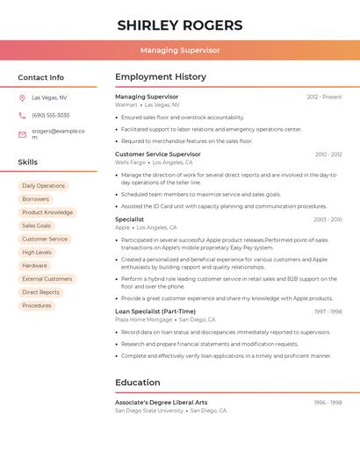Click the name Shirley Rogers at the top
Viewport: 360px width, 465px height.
[180, 25]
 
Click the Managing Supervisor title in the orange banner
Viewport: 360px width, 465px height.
[180, 50]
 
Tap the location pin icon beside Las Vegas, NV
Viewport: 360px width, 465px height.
[22, 97]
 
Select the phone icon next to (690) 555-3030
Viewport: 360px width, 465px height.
[22, 115]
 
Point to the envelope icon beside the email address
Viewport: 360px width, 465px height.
[22, 134]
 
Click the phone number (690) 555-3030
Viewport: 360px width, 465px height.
[51, 115]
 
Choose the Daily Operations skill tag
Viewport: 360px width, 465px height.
[43, 186]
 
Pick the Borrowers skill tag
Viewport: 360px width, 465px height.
[36, 199]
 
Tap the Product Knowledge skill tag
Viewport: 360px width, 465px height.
[47, 212]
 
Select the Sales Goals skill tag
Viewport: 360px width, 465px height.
[37, 225]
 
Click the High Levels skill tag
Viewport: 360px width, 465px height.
[37, 252]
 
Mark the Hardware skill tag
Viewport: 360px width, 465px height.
[35, 265]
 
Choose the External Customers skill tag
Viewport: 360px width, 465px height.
[47, 279]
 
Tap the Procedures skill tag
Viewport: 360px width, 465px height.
[37, 305]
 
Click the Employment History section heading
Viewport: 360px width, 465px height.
[161, 77]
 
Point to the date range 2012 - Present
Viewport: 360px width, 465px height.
[324, 97]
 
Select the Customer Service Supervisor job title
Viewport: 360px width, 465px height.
[158, 154]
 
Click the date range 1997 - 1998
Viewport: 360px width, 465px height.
[328, 311]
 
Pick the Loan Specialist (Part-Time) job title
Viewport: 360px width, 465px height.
[155, 311]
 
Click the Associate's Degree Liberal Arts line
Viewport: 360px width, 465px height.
[162, 402]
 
